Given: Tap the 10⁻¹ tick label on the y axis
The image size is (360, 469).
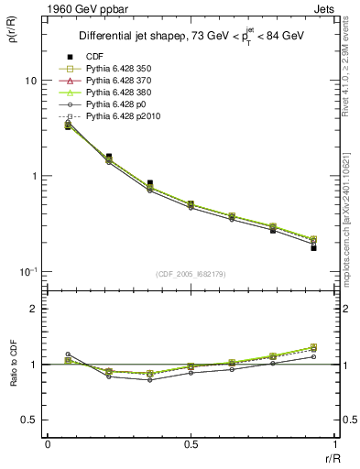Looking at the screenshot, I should (27, 271).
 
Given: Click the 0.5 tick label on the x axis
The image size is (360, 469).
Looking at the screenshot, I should (191, 443).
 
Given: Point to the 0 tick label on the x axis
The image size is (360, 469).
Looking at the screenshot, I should (48, 443).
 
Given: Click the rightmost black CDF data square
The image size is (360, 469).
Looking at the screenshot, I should (313, 247).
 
